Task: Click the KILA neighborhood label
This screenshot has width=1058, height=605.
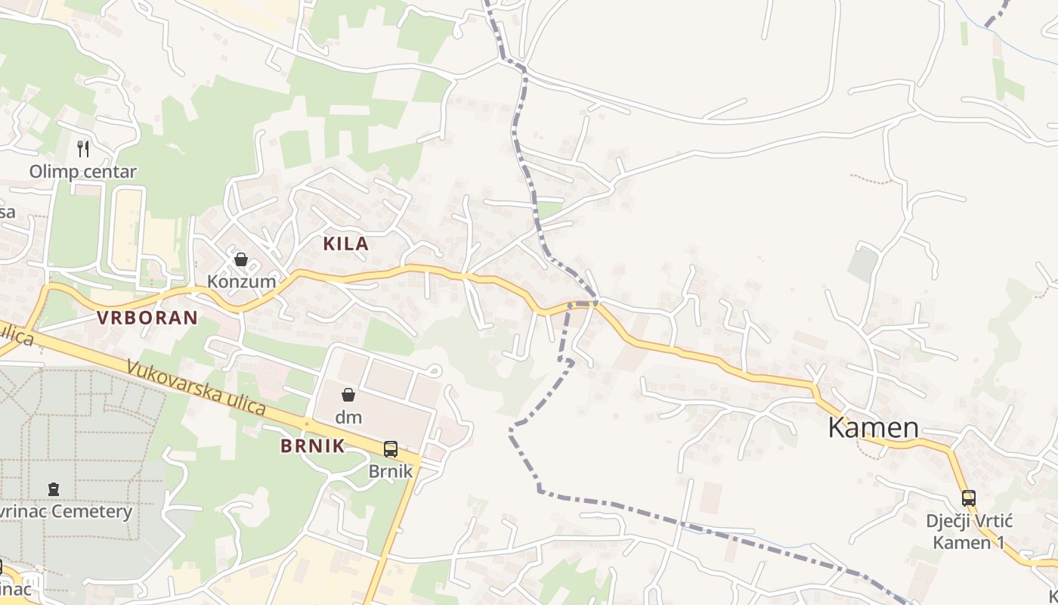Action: click(x=346, y=244)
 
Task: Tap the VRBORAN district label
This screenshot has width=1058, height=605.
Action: click(x=147, y=318)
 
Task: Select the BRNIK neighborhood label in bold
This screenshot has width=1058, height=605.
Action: click(x=313, y=446)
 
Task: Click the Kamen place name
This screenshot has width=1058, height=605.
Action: click(x=873, y=428)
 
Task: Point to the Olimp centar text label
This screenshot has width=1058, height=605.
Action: click(x=83, y=172)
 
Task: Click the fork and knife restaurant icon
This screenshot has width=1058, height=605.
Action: click(x=83, y=148)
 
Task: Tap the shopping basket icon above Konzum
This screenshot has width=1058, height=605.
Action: click(x=241, y=260)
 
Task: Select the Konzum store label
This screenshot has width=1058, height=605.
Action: click(x=241, y=282)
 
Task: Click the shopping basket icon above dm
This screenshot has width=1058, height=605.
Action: click(x=348, y=395)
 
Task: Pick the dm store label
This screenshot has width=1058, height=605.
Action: click(x=348, y=417)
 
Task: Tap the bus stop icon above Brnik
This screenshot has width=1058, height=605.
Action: click(x=391, y=449)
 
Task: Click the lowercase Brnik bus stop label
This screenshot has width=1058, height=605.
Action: click(x=391, y=471)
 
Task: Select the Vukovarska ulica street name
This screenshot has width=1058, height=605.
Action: click(x=196, y=388)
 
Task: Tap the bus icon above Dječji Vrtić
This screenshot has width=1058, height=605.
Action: click(x=969, y=498)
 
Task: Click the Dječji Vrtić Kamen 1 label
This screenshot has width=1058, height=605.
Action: click(x=969, y=532)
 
